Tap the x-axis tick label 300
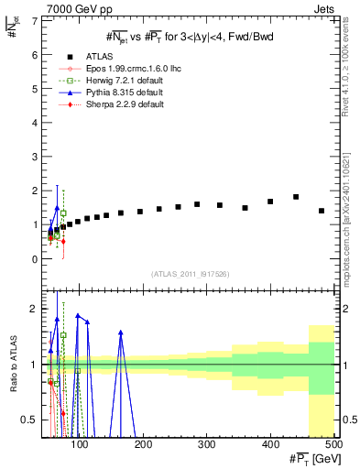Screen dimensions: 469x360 point(207,444)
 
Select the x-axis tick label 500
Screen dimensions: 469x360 point(333,444)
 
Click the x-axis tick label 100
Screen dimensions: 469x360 point(81,444)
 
